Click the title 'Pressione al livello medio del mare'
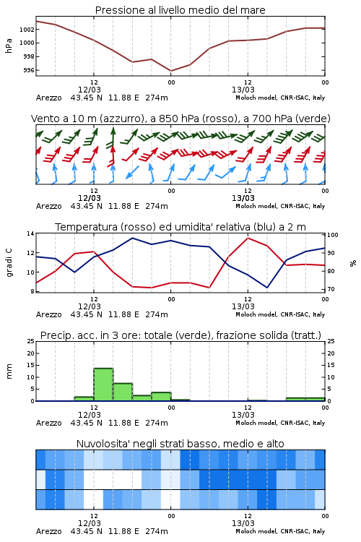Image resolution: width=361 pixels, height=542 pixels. [180, 10]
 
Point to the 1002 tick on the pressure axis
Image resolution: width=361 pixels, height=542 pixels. [27, 30]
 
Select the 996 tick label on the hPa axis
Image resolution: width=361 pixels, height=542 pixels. [29, 71]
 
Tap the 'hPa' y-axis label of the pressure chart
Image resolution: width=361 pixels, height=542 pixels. [9, 46]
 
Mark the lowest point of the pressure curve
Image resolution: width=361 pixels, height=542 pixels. [171, 71]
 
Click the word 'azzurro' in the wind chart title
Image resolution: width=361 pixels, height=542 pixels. [121, 119]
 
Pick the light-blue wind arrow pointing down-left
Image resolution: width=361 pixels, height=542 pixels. [132, 172]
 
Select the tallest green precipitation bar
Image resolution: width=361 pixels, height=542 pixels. [104, 384]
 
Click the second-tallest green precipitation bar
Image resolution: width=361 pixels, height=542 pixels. [123, 392]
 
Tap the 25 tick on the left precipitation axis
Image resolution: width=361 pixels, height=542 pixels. [31, 342]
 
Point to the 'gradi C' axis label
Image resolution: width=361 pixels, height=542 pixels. [9, 262]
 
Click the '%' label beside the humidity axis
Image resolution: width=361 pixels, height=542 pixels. [353, 263]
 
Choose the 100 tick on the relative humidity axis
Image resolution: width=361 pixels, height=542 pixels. [333, 235]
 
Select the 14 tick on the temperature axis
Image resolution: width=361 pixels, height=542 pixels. [31, 233]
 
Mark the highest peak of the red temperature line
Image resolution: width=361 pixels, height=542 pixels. [248, 238]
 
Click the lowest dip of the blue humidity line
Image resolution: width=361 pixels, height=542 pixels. [267, 288]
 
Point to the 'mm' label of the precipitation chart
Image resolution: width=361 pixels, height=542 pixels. [9, 371]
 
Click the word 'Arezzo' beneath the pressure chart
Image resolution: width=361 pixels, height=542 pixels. [48, 98]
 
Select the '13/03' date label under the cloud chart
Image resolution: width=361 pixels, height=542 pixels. [243, 523]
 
